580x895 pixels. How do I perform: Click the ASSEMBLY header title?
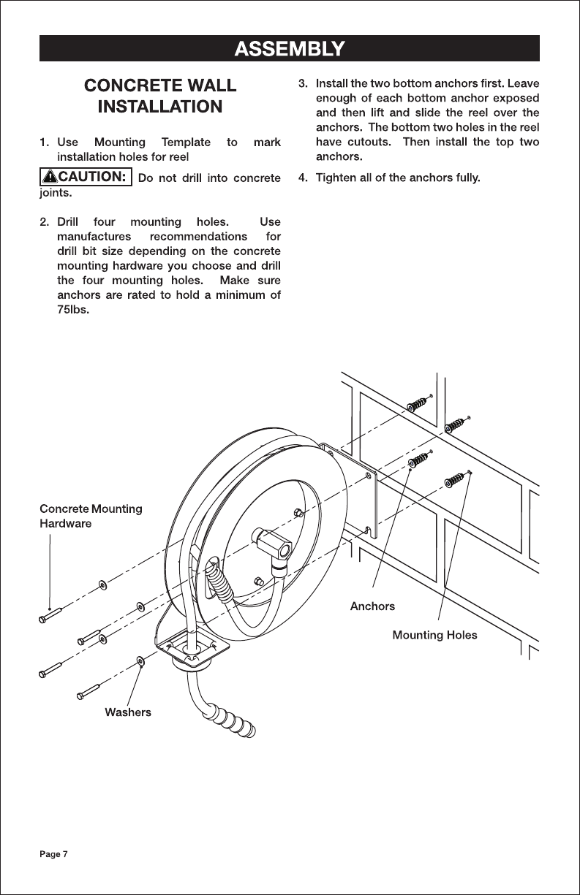click(x=290, y=49)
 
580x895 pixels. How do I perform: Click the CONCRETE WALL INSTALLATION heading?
click(x=160, y=96)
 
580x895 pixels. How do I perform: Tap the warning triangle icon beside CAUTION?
click(x=50, y=177)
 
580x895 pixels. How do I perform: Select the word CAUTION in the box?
click(x=92, y=176)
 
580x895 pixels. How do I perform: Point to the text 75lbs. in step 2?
click(x=73, y=310)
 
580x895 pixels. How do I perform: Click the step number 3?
click(x=304, y=83)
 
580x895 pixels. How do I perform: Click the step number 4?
click(x=304, y=178)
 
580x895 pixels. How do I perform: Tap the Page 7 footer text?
click(x=53, y=854)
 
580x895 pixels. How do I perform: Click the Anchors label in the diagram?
click(x=372, y=606)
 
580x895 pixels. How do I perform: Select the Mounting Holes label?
click(x=434, y=635)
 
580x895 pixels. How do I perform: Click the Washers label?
click(x=128, y=712)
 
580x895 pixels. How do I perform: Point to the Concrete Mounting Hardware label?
click(x=91, y=516)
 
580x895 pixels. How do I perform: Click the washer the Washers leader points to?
click(x=140, y=660)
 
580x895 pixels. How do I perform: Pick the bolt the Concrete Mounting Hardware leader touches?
click(x=50, y=615)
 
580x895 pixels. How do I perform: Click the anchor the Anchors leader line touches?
click(x=419, y=460)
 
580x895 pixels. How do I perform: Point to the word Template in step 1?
click(x=186, y=142)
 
